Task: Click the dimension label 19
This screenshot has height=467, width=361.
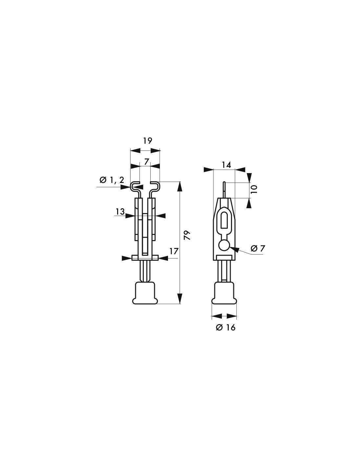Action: coord(148,141)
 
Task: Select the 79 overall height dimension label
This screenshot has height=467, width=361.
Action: coord(187,235)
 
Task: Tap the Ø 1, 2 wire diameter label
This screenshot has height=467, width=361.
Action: coord(112,180)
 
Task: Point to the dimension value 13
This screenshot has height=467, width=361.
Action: coord(120,212)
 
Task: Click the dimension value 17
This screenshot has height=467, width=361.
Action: coord(174,251)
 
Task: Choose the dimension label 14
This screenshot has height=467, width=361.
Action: coord(226,165)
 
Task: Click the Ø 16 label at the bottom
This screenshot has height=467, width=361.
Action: coord(226,327)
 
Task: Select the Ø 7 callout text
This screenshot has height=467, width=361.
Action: coord(257,249)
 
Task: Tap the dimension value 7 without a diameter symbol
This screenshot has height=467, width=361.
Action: coord(147,161)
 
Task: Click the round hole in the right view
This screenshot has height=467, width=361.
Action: coord(224,245)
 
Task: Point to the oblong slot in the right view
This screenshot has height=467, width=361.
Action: coord(224,220)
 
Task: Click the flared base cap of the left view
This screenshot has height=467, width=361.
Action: coord(145,293)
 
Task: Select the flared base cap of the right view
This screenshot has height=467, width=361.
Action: coord(224,293)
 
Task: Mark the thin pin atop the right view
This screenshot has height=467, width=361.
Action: coord(224,189)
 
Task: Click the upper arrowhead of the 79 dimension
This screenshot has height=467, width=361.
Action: coord(180,186)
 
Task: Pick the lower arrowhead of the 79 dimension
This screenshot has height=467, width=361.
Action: coord(180,299)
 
